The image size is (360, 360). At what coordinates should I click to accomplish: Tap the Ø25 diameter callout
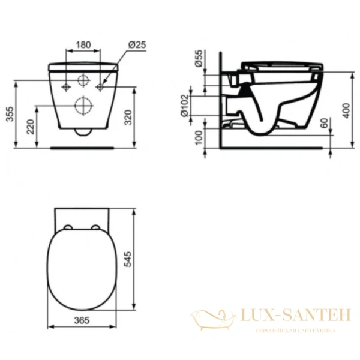click(136, 44)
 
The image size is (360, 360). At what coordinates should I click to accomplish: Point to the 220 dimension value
click(31, 126)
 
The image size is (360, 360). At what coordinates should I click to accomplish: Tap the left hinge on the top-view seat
click(68, 227)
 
